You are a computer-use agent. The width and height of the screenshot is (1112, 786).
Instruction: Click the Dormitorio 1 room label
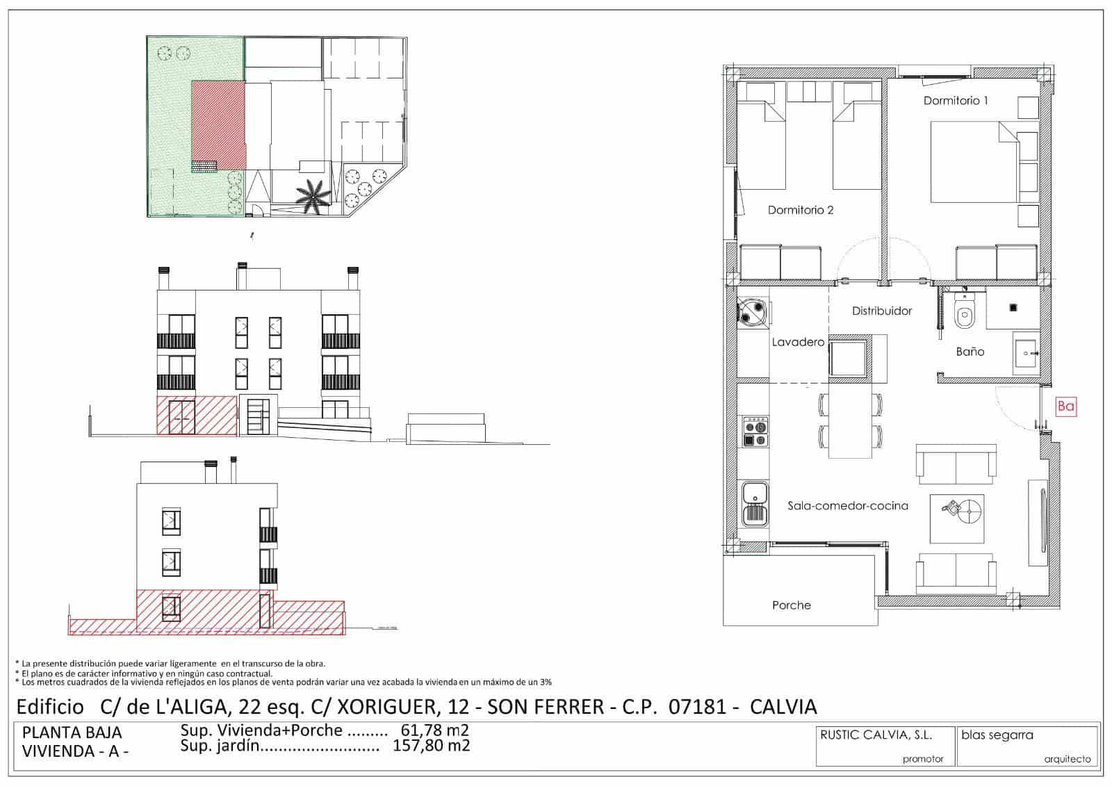956,101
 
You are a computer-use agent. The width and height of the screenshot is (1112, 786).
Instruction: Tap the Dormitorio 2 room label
800,210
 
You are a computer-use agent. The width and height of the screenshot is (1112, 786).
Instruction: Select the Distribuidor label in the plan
882,311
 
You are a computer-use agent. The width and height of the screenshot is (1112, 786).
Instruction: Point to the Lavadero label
798,342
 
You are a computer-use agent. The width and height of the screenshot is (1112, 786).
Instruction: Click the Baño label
970,352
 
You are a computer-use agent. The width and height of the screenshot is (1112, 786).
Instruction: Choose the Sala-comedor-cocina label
848,506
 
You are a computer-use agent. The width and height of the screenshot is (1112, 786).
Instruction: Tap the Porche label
791,605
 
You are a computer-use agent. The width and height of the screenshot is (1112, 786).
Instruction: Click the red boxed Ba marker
1065,407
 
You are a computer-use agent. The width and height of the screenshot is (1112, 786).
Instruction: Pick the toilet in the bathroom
965,313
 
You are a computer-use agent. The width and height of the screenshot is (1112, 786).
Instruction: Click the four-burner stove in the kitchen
755,432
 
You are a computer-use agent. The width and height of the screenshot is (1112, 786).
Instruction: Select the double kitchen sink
755,505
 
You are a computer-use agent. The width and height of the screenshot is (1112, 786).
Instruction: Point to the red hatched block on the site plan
218,124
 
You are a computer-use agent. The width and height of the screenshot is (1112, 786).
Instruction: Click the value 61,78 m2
435,730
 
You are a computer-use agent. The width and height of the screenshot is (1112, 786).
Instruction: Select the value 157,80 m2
431,746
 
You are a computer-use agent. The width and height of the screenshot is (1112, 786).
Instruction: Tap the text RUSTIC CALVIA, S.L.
876,735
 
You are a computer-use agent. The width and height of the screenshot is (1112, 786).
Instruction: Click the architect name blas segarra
997,735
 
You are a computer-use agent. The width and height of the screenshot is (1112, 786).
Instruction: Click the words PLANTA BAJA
72,732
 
